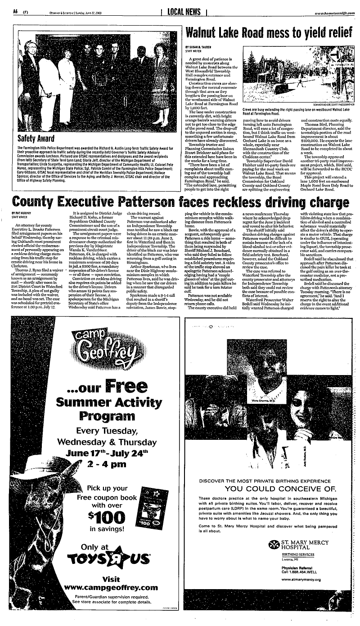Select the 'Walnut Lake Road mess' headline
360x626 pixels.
268,32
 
